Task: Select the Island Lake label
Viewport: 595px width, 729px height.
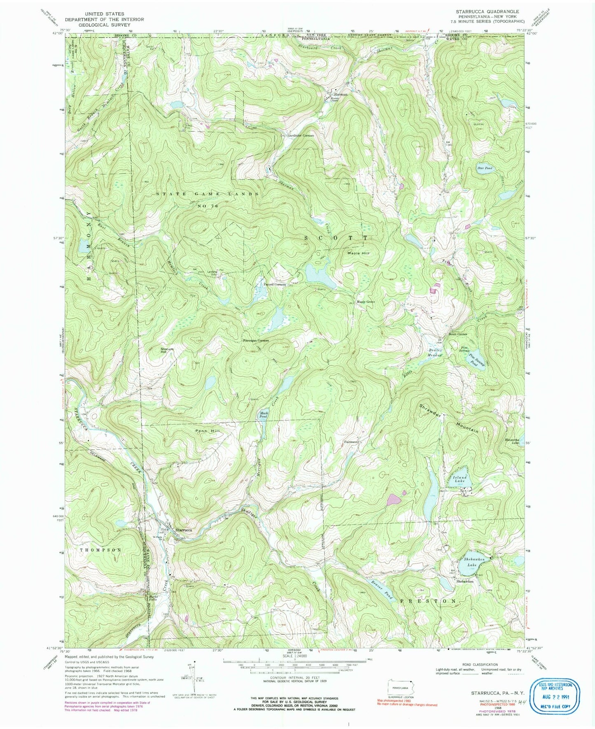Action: click(x=460, y=478)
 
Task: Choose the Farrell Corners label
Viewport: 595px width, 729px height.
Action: click(x=275, y=284)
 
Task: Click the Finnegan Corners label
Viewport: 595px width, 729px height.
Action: click(x=256, y=341)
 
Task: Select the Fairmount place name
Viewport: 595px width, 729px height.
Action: click(x=352, y=442)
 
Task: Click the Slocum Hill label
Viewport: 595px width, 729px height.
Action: click(x=167, y=351)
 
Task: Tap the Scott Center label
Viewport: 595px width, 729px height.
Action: click(x=458, y=334)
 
